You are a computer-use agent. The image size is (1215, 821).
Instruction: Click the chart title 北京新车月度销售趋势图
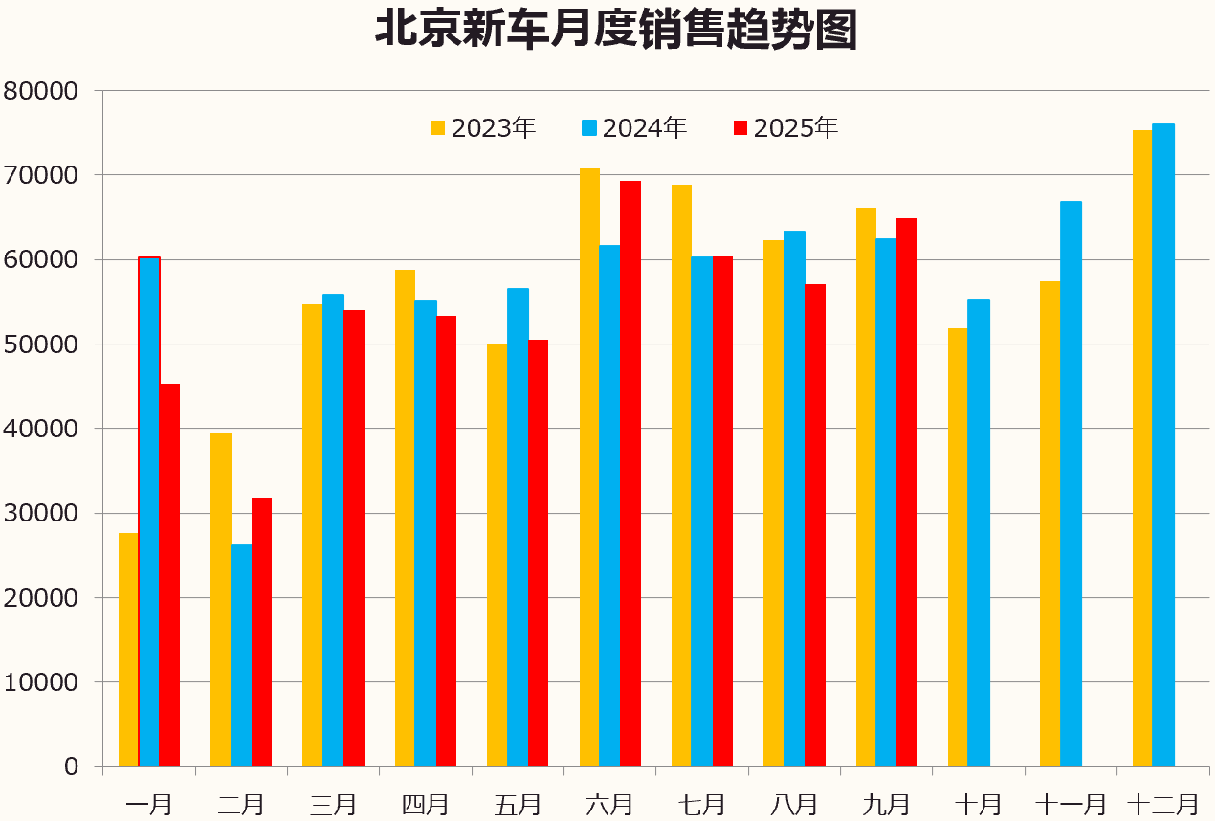[614, 30]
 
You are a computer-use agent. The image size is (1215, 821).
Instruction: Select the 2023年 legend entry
[483, 128]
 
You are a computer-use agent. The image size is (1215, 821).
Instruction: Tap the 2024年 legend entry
[634, 128]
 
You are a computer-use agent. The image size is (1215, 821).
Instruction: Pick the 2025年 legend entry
[785, 128]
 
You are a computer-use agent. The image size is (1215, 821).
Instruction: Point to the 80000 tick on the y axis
[39, 91]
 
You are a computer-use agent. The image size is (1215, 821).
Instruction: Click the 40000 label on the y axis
[39, 429]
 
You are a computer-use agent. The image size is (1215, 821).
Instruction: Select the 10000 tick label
[39, 682]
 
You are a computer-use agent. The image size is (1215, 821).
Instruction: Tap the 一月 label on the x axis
[148, 804]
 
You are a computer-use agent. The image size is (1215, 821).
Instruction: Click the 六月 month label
[609, 804]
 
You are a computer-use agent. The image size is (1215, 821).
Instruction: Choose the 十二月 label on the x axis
[1162, 804]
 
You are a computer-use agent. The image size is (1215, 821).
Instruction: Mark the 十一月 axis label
[1071, 804]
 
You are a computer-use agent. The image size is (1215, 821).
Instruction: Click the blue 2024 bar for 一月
[149, 512]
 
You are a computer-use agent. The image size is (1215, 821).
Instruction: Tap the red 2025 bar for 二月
[261, 632]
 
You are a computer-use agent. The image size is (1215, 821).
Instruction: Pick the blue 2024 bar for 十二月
[1163, 445]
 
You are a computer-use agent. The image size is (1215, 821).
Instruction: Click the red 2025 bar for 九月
[907, 492]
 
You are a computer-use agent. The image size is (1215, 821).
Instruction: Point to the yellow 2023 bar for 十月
[958, 547]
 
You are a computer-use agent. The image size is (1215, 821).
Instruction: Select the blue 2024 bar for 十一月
[1071, 483]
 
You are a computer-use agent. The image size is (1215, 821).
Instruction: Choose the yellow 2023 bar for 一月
[128, 650]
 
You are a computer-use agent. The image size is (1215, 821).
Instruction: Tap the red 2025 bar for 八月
[814, 525]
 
